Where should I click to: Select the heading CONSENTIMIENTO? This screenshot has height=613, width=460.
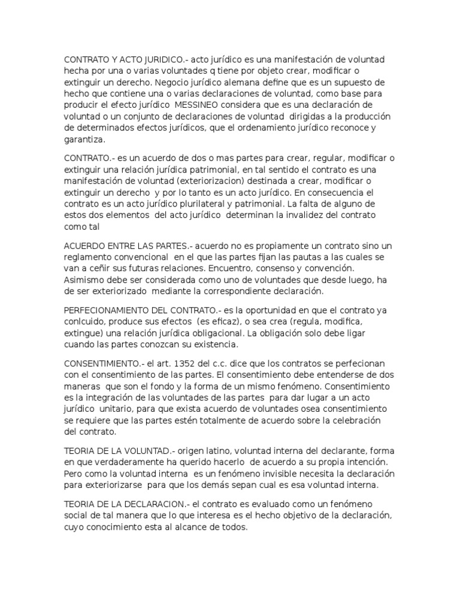pos(104,365)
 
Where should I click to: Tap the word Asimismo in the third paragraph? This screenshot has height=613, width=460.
pos(84,280)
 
